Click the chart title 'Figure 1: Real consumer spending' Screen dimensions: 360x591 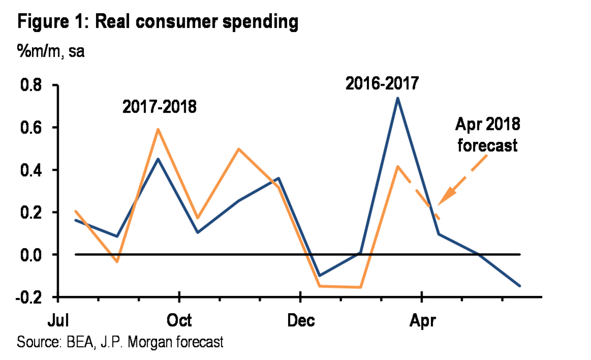point(158,22)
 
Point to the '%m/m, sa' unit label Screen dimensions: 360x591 point(51,51)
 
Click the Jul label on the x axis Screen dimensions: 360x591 point(58,321)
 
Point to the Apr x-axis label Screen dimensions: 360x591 point(422,321)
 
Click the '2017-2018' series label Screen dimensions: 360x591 point(160,106)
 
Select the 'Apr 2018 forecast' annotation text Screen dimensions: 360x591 point(488,135)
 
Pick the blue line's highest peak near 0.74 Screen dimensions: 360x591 point(397,98)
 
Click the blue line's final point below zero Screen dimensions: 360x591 point(519,286)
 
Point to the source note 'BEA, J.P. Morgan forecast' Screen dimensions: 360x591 point(120,341)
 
